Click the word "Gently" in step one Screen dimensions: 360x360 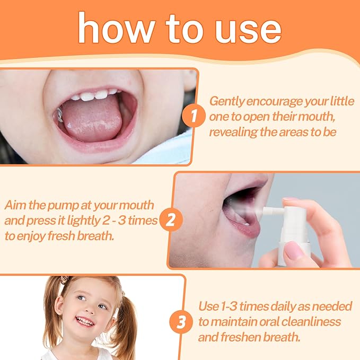point(226,101)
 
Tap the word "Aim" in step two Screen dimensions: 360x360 point(15,205)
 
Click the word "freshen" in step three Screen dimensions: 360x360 point(240,337)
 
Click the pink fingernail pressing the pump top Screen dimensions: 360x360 point(291,200)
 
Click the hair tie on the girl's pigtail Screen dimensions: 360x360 point(65,279)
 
